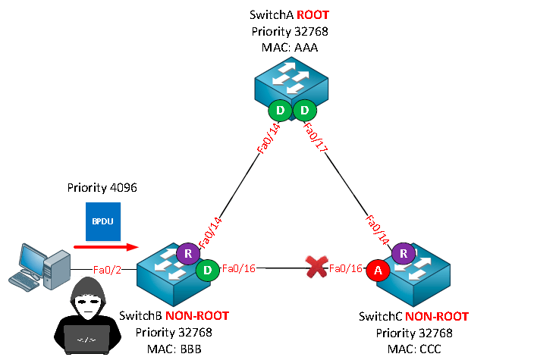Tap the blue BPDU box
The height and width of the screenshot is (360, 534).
(x=101, y=222)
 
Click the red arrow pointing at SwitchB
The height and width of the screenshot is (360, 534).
(x=105, y=246)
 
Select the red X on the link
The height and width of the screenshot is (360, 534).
(x=313, y=267)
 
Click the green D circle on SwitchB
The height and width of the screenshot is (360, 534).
(x=206, y=268)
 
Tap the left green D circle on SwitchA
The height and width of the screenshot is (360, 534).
(x=280, y=111)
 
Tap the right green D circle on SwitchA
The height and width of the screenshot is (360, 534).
(x=304, y=111)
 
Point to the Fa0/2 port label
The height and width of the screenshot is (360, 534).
(x=105, y=269)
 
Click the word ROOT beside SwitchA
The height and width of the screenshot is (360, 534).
(x=314, y=15)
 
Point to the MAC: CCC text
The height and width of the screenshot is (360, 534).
(x=414, y=347)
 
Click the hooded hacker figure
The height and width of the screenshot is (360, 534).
(x=85, y=323)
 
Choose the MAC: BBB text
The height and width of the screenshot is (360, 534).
(x=174, y=347)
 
